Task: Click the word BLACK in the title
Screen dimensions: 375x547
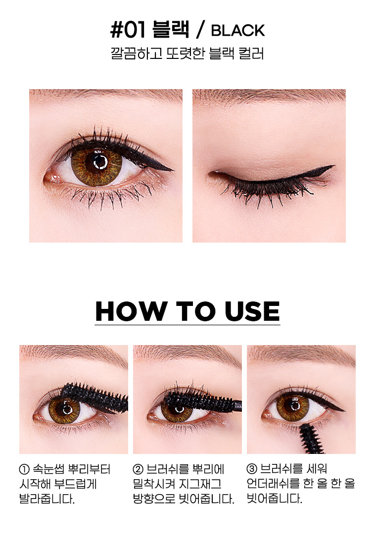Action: (237, 31)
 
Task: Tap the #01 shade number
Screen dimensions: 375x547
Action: (128, 30)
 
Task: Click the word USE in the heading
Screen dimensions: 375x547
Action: (252, 311)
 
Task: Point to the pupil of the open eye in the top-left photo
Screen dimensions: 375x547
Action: (100, 162)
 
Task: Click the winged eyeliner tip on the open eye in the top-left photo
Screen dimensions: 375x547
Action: (173, 170)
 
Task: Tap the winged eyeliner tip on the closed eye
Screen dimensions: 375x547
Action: (333, 166)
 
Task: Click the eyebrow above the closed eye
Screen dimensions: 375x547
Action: (269, 96)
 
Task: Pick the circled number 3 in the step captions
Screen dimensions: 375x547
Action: (252, 468)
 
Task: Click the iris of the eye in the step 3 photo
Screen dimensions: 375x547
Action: (292, 407)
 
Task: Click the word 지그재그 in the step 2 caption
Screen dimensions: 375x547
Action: (200, 484)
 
